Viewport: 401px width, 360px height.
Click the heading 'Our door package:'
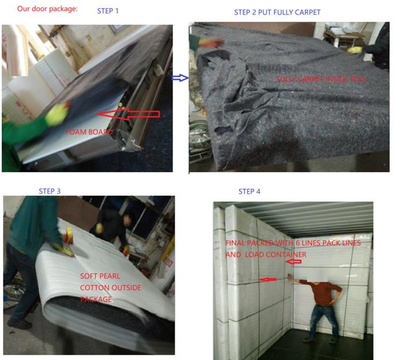coord(48,9)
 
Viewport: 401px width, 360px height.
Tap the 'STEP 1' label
coord(108,11)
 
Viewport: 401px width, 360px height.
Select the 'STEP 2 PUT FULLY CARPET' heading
coord(277,12)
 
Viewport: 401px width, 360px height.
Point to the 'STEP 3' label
coord(50,191)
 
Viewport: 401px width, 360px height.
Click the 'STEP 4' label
coord(249,191)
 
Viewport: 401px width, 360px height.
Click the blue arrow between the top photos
coord(180,78)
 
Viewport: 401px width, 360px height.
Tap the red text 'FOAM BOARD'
coord(89,132)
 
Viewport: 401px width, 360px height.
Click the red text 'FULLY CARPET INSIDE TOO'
coord(321,79)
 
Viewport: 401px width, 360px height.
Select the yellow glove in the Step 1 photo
coord(57,114)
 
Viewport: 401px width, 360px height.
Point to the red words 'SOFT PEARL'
coord(100,276)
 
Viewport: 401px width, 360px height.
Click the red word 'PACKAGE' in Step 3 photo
coord(96,299)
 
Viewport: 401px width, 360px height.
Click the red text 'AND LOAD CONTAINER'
coord(266,255)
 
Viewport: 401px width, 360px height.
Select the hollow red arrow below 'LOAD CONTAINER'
coord(293,261)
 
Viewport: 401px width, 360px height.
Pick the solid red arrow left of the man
coord(268,280)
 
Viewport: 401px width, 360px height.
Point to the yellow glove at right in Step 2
coord(355,50)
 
